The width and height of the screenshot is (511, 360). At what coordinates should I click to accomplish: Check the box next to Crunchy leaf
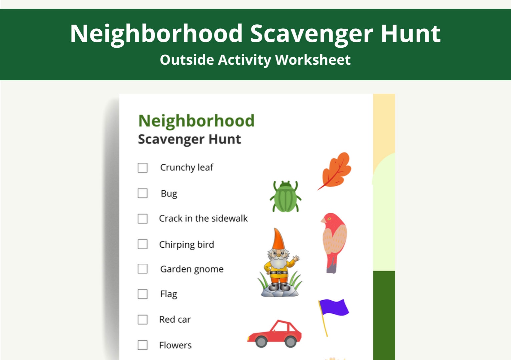point(142,168)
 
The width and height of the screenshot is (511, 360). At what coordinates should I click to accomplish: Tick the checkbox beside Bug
point(142,193)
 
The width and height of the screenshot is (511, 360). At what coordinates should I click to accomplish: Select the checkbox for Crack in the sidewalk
point(142,219)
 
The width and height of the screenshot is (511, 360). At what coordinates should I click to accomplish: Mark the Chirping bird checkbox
point(142,244)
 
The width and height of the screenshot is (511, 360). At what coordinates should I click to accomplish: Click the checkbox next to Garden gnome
point(142,269)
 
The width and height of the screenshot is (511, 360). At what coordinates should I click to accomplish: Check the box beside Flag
point(142,294)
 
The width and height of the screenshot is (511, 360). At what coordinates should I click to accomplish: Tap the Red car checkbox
point(142,320)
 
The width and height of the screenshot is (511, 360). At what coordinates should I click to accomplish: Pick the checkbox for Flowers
point(142,345)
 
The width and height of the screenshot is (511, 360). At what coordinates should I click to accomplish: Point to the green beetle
point(286,198)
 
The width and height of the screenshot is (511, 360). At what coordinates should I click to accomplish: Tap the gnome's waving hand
point(296,259)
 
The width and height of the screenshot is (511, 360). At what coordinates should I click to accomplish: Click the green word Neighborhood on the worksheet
point(196,121)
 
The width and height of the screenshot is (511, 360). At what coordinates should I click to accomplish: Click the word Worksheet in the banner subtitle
point(313,60)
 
